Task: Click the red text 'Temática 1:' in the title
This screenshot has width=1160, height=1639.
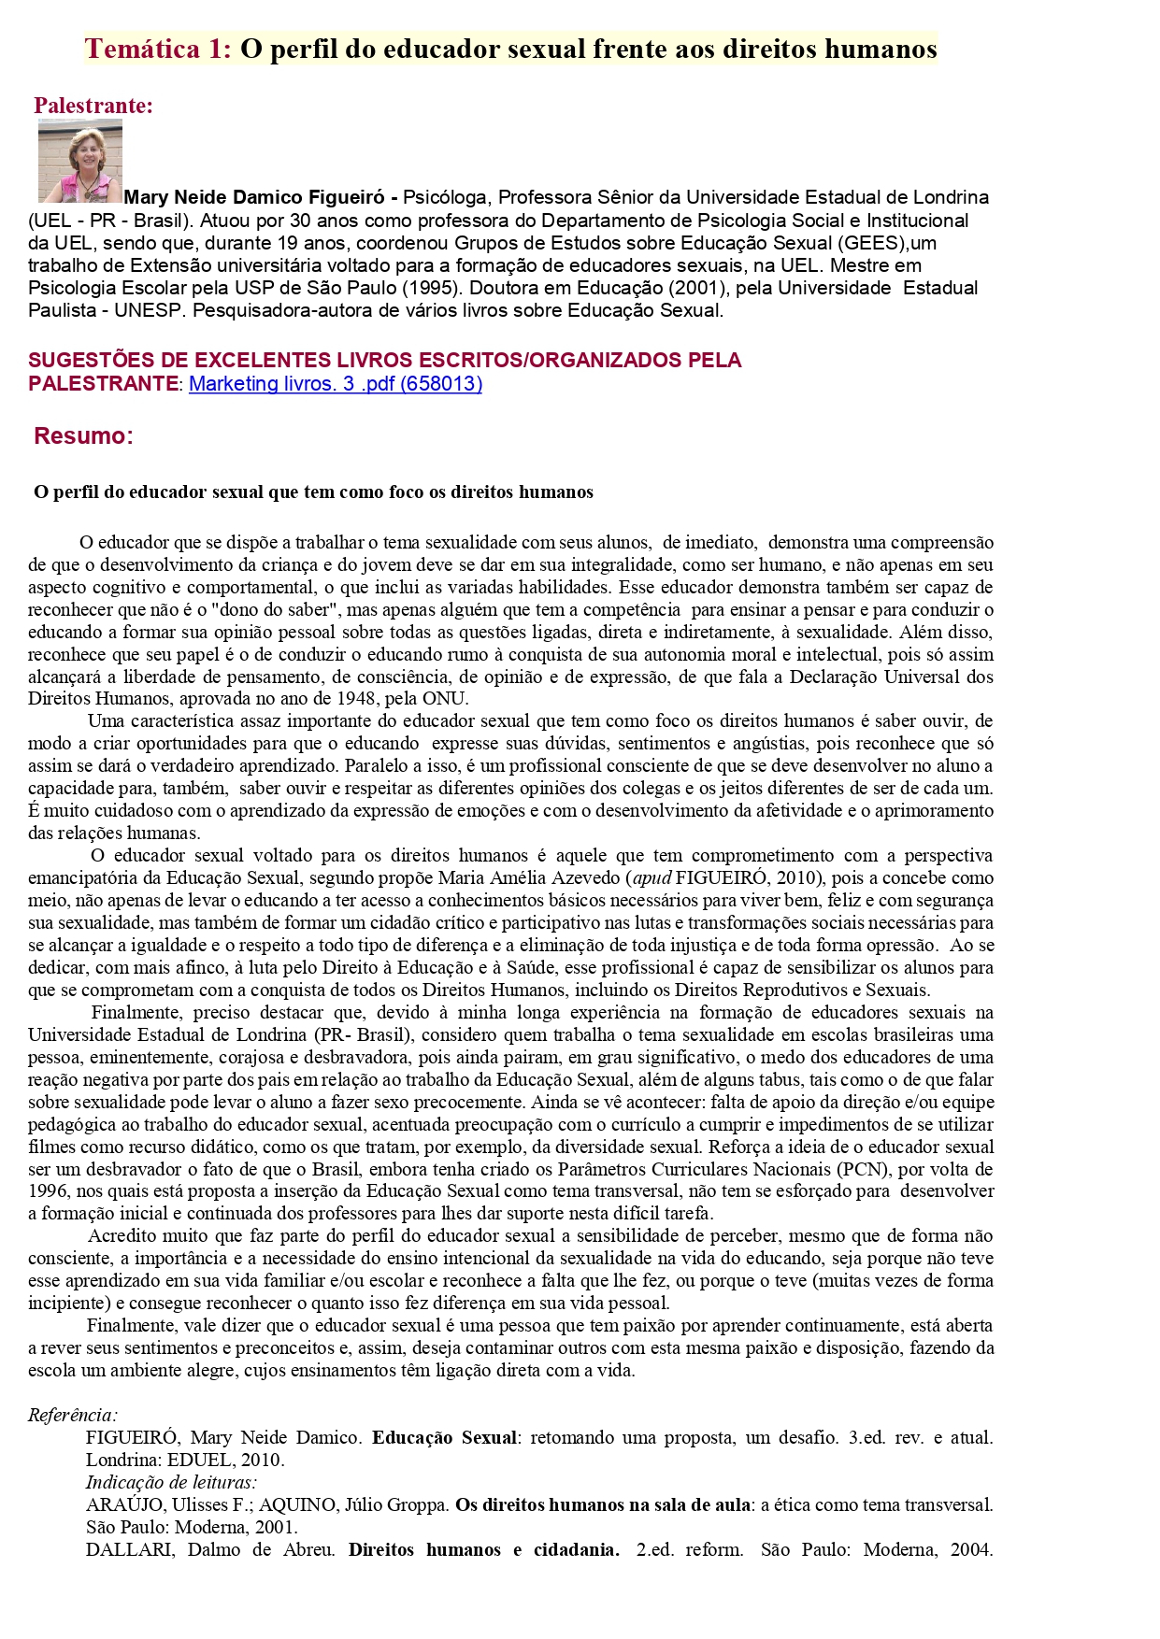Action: point(158,49)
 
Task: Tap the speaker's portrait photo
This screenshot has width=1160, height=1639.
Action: point(80,161)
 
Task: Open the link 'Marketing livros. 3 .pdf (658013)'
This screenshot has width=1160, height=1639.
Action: point(336,383)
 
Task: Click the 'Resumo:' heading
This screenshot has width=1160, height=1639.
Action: point(83,435)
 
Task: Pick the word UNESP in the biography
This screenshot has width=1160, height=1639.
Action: point(149,310)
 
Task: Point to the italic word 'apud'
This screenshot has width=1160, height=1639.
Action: point(652,877)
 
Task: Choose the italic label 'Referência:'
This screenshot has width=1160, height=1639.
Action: point(73,1415)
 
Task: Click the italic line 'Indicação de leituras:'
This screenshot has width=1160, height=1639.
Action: point(171,1482)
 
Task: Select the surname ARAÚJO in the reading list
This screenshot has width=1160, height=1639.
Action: point(117,1504)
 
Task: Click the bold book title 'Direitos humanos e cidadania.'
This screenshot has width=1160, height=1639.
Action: point(483,1549)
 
